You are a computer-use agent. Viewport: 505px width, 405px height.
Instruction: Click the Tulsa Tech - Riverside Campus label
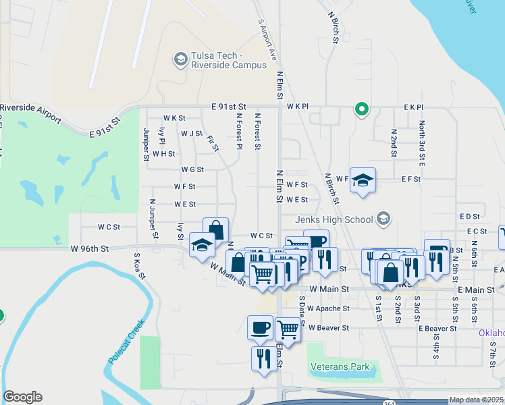pyautogui.click(x=228, y=60)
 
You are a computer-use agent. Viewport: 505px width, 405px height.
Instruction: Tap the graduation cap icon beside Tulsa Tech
pyautogui.click(x=180, y=60)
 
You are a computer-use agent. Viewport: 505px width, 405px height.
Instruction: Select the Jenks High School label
pyautogui.click(x=334, y=219)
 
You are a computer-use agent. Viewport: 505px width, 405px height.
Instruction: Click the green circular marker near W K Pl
pyautogui.click(x=362, y=108)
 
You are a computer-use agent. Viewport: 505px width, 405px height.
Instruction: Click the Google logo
pyautogui.click(x=22, y=397)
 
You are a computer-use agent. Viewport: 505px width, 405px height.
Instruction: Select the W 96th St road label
pyautogui.click(x=89, y=249)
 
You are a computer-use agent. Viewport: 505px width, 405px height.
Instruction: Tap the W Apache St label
pyautogui.click(x=328, y=308)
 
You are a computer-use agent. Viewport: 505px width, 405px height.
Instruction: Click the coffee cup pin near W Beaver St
pyautogui.click(x=261, y=328)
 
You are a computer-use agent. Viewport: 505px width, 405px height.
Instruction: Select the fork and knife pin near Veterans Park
pyautogui.click(x=262, y=357)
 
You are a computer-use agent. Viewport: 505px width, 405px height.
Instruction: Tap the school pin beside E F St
pyautogui.click(x=363, y=180)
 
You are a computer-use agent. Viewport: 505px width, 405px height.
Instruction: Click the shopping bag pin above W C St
pyautogui.click(x=216, y=230)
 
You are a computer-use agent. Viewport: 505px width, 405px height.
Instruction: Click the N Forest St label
pyautogui.click(x=257, y=131)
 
